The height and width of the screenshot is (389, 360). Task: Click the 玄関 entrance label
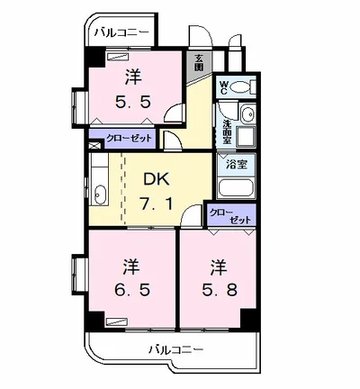pyautogui.click(x=199, y=62)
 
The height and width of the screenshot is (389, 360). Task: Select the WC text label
pyautogui.click(x=224, y=88)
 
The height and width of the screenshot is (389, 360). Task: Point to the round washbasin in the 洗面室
pyautogui.click(x=248, y=114)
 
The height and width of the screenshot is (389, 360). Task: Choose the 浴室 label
pyautogui.click(x=237, y=164)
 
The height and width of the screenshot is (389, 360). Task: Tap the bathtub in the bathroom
pyautogui.click(x=236, y=188)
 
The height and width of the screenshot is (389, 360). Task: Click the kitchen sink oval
pyautogui.click(x=100, y=194)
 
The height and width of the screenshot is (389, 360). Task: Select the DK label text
pyautogui.click(x=157, y=179)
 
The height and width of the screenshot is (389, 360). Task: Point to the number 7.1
pyautogui.click(x=157, y=204)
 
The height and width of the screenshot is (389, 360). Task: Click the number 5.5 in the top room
pyautogui.click(x=132, y=103)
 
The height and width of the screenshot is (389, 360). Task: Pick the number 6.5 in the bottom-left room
pyautogui.click(x=132, y=290)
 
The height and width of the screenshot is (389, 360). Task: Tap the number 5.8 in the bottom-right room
pyautogui.click(x=220, y=290)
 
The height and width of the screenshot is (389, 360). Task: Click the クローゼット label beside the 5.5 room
pyautogui.click(x=130, y=139)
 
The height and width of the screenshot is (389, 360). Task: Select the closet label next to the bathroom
pyautogui.click(x=230, y=215)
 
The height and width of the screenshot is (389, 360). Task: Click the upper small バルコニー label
pyautogui.click(x=121, y=32)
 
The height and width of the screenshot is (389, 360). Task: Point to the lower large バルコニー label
pyautogui.click(x=176, y=349)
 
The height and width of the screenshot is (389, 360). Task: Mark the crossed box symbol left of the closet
pyautogui.click(x=94, y=145)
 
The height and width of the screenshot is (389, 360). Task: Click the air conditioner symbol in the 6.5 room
pyautogui.click(x=117, y=321)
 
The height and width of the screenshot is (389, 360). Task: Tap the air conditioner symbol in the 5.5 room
pyautogui.click(x=118, y=57)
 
